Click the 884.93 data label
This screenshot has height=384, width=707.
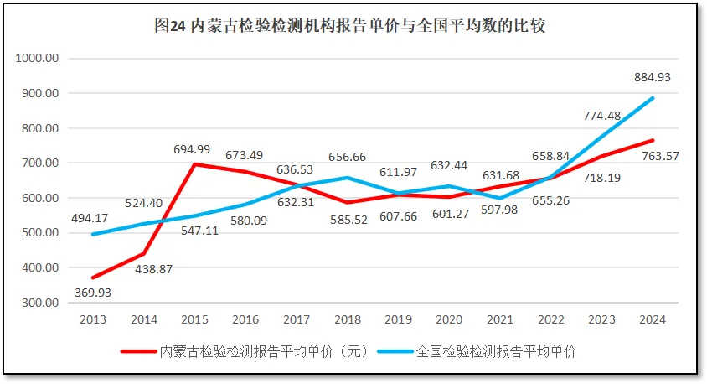point(653,77)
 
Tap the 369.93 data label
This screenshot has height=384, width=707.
point(92,293)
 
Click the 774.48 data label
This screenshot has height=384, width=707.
point(602,115)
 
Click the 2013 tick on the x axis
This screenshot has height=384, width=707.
point(93,319)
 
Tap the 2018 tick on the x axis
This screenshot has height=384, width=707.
point(348,319)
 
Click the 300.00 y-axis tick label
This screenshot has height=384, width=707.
point(39,303)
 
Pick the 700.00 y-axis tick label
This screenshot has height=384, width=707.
point(39,163)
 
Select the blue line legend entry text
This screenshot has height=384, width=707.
point(497,351)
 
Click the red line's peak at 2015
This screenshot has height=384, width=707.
point(195,164)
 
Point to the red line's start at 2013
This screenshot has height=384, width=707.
point(93,278)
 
